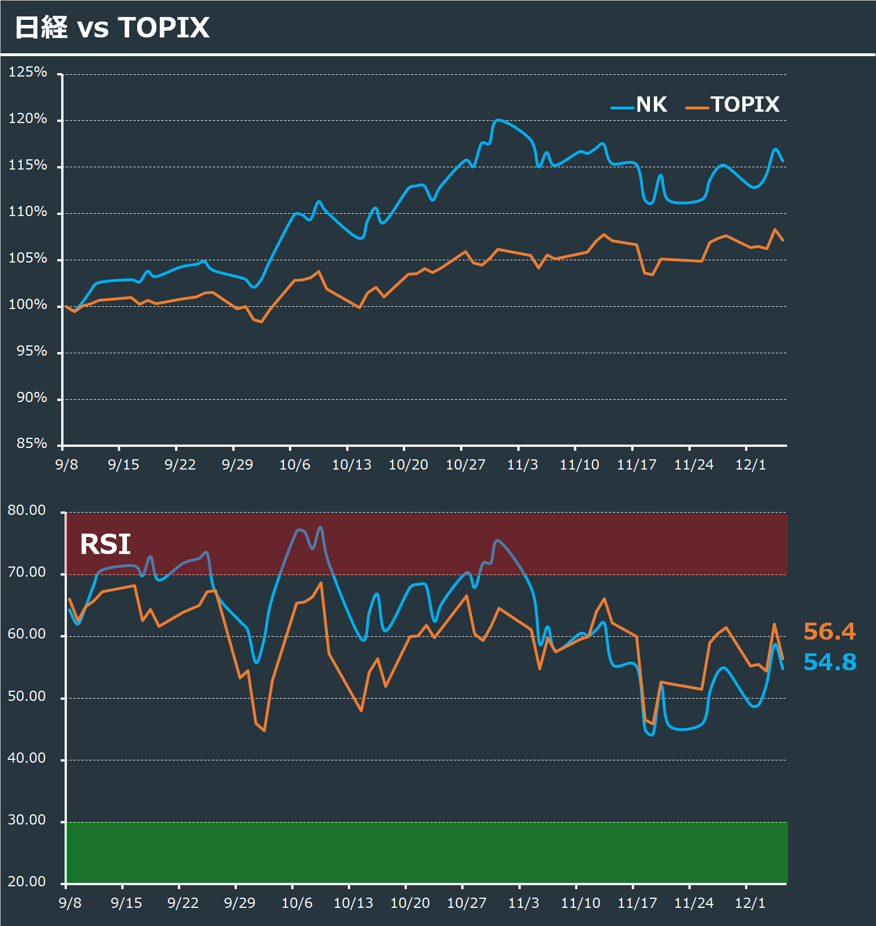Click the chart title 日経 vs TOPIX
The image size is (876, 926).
click(112, 27)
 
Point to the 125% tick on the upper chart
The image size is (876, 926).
click(28, 72)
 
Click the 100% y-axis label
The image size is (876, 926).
click(28, 305)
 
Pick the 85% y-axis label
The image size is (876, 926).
click(32, 443)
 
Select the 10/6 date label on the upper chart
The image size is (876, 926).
click(295, 465)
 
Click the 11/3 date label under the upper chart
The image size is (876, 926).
click(522, 465)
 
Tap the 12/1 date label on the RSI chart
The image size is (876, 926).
click(750, 903)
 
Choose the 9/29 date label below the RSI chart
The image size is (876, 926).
click(240, 903)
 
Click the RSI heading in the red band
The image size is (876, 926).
click(105, 544)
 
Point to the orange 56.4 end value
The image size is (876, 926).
click(830, 631)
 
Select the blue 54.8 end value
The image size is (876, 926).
click(830, 662)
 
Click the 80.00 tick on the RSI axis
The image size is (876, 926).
click(27, 510)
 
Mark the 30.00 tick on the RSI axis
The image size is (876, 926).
click(27, 820)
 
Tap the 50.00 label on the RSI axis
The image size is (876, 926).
click(27, 696)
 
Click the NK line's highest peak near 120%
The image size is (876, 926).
click(498, 120)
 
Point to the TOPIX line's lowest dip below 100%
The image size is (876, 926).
click(261, 322)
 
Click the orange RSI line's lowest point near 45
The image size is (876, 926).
click(265, 730)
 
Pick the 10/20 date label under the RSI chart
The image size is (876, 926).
click(410, 903)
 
